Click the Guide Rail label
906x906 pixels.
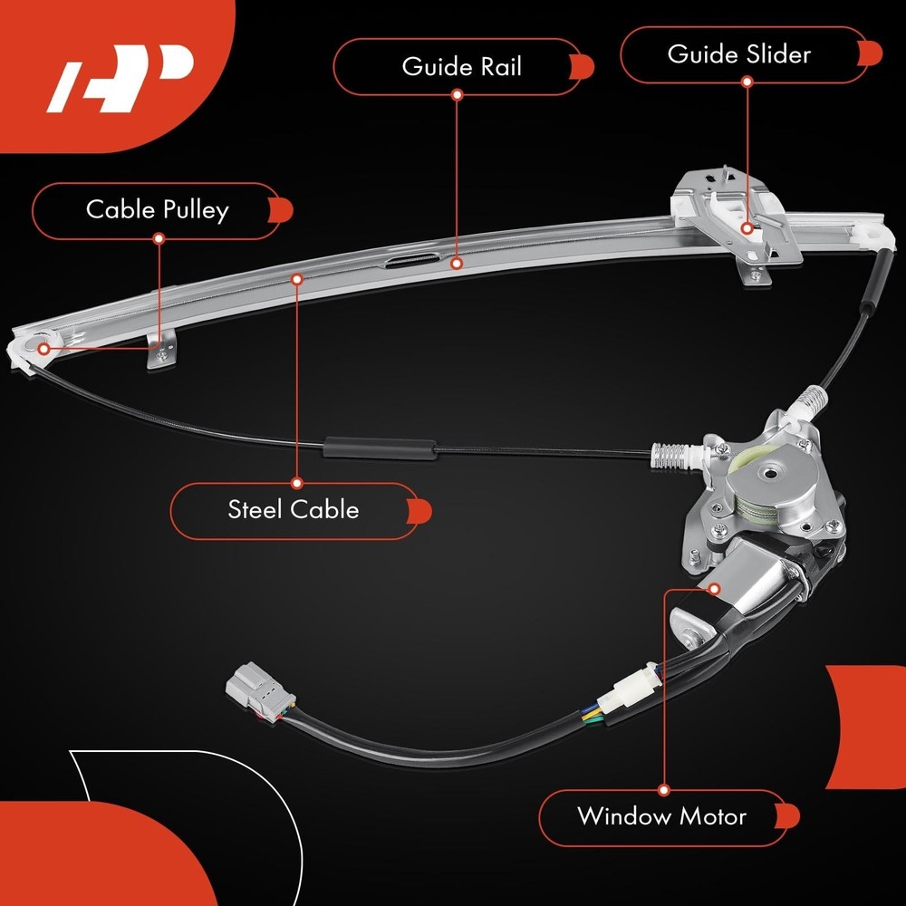point(462,66)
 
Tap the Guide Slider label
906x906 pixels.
point(738,54)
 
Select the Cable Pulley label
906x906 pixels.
point(157,210)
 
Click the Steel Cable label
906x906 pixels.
point(293,509)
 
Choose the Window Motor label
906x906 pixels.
point(661,816)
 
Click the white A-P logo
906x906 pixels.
point(120,79)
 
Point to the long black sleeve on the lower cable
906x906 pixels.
point(379,448)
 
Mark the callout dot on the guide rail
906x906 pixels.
point(457,264)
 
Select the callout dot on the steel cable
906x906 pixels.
point(296,279)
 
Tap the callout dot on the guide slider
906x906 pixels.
point(747,227)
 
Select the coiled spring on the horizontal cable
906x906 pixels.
point(670,450)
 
